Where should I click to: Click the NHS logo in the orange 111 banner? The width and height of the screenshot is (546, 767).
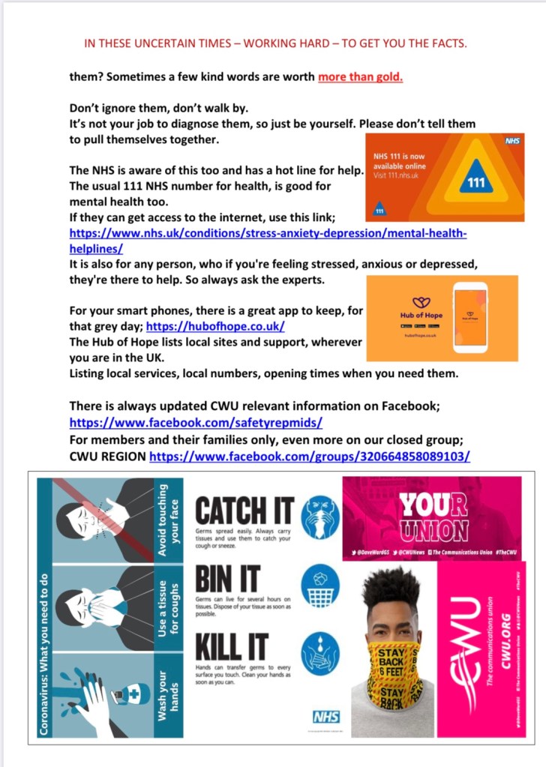pos(509,139)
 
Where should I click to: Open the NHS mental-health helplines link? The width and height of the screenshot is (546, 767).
pos(268,241)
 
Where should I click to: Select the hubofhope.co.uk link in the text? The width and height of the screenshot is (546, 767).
pos(215,327)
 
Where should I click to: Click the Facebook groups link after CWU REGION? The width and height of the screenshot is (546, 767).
pos(310,456)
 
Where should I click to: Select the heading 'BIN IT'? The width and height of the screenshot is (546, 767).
pos(227,579)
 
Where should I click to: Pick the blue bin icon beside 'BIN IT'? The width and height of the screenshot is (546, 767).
pos(320,584)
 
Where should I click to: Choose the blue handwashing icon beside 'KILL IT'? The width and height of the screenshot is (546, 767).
pos(320,652)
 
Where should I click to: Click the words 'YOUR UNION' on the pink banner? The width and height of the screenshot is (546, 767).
pos(433,516)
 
